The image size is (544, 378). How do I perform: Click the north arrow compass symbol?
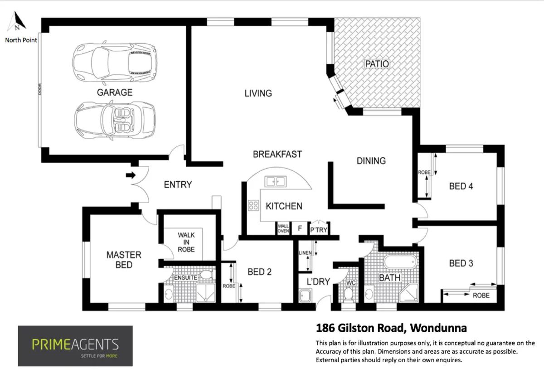pyautogui.click(x=19, y=21)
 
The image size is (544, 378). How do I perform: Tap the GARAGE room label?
pyautogui.click(x=115, y=92)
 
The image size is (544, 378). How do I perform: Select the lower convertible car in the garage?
pyautogui.click(x=114, y=119)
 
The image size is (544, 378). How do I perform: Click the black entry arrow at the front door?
pyautogui.click(x=131, y=175)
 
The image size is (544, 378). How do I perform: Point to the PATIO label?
pyautogui.click(x=377, y=64)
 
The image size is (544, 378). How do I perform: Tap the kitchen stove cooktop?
pyautogui.click(x=253, y=205)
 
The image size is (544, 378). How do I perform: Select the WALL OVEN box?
pyautogui.click(x=283, y=228)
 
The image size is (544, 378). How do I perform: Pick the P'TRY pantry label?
pyautogui.click(x=319, y=230)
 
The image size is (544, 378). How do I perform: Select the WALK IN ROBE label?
pyautogui.click(x=186, y=242)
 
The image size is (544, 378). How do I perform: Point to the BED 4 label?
pyautogui.click(x=461, y=186)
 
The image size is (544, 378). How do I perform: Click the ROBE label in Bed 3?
pyautogui.click(x=481, y=295)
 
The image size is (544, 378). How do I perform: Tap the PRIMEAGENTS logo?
pyautogui.click(x=75, y=346)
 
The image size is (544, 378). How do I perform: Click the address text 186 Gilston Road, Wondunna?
pyautogui.click(x=391, y=328)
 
